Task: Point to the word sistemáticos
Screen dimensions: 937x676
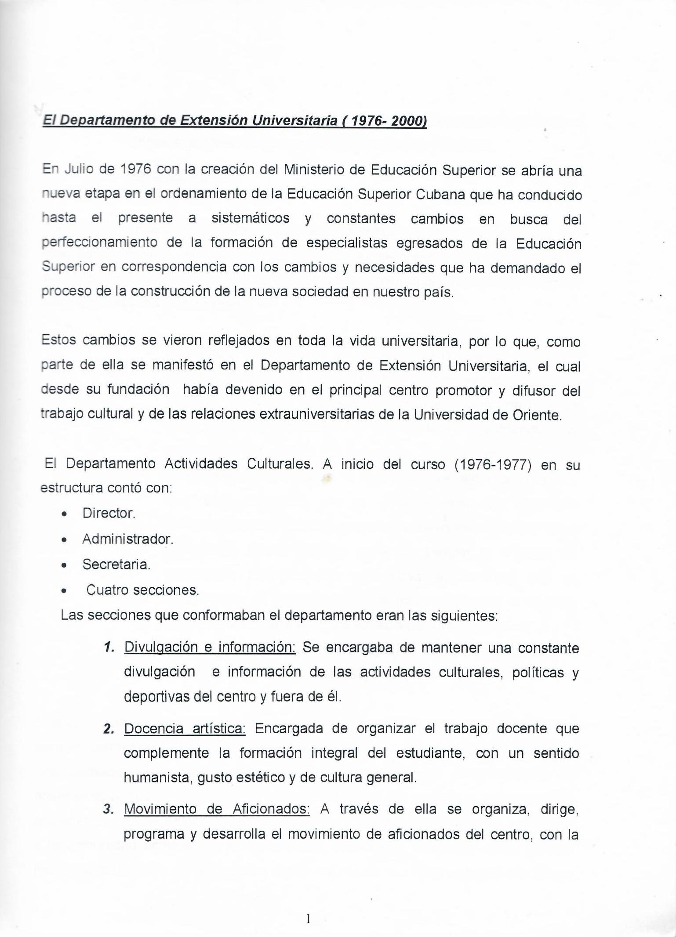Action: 251,218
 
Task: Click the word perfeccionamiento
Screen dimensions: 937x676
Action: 99,242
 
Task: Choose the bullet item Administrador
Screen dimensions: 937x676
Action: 127,539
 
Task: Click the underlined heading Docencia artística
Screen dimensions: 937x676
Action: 185,729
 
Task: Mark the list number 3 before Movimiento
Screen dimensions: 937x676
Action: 108,809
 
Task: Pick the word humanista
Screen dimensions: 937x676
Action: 157,778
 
